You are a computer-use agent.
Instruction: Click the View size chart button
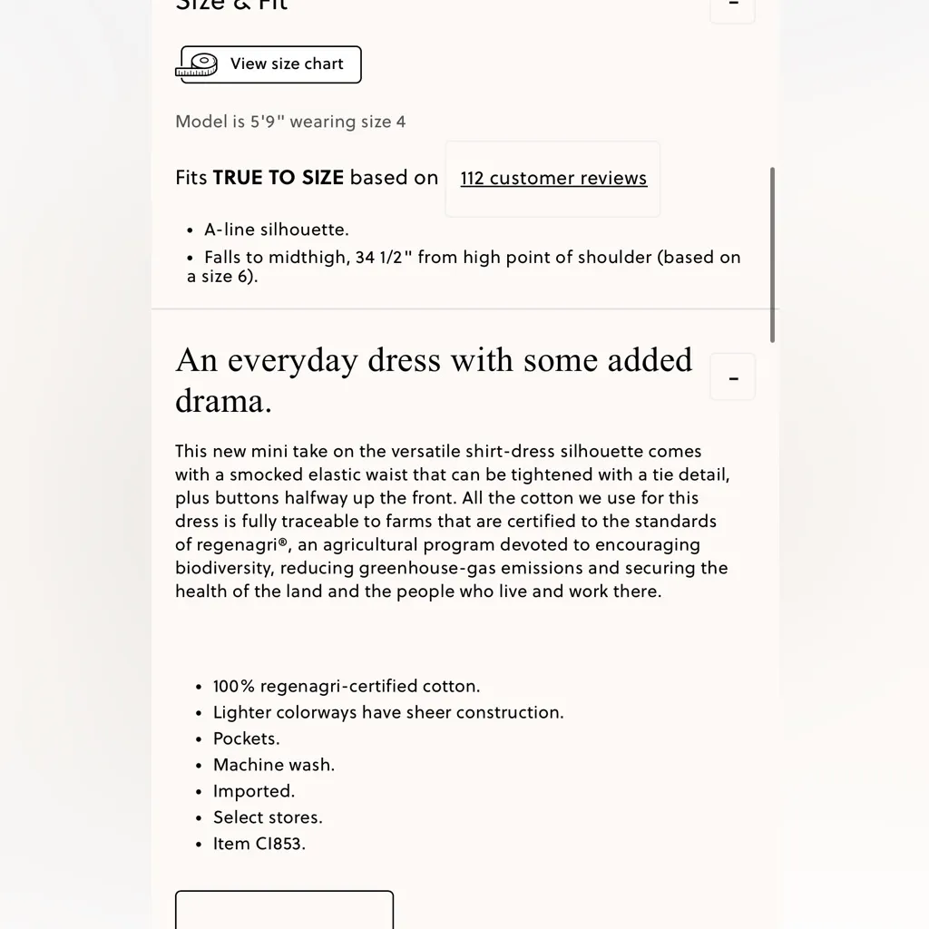270,64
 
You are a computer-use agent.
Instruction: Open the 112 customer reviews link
553,178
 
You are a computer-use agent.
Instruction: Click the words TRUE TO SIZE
278,178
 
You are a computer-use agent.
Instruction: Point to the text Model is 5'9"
230,122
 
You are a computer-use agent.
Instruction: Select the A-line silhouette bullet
276,230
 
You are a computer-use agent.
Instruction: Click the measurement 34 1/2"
384,258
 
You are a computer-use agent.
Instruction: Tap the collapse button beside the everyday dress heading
733,377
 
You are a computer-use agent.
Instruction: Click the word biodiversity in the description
224,569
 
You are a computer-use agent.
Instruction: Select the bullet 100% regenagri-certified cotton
347,687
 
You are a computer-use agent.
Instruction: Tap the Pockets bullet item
246,739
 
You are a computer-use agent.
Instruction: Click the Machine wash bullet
273,766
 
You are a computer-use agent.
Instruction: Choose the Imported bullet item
253,792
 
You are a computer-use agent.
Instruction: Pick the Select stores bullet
268,818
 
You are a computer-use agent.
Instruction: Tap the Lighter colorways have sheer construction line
388,713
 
